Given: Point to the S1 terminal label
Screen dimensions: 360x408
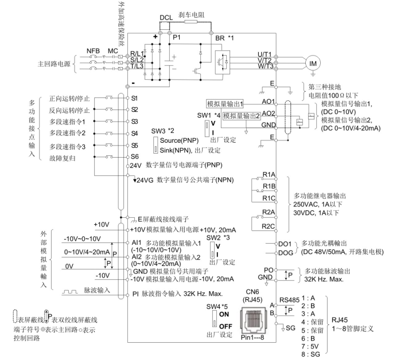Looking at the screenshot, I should point(134,98).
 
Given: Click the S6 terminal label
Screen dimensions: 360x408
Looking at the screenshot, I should point(134,156).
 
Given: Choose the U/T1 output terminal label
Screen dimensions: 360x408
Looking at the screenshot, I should point(265,54).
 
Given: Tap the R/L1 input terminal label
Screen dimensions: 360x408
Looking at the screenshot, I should point(139,53).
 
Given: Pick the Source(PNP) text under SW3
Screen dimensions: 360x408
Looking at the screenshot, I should point(175,142).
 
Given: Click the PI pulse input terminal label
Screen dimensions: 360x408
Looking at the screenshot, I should point(135,294).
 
